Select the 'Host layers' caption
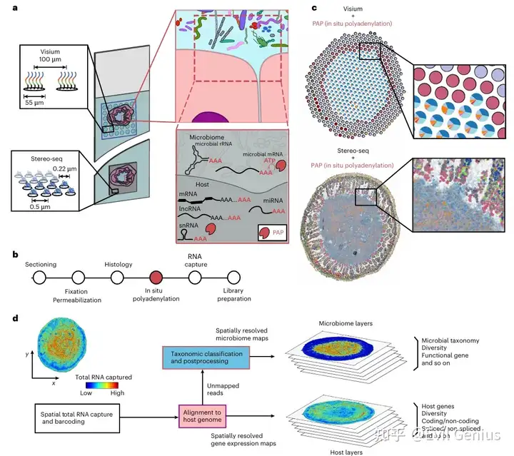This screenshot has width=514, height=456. click(343, 451)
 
